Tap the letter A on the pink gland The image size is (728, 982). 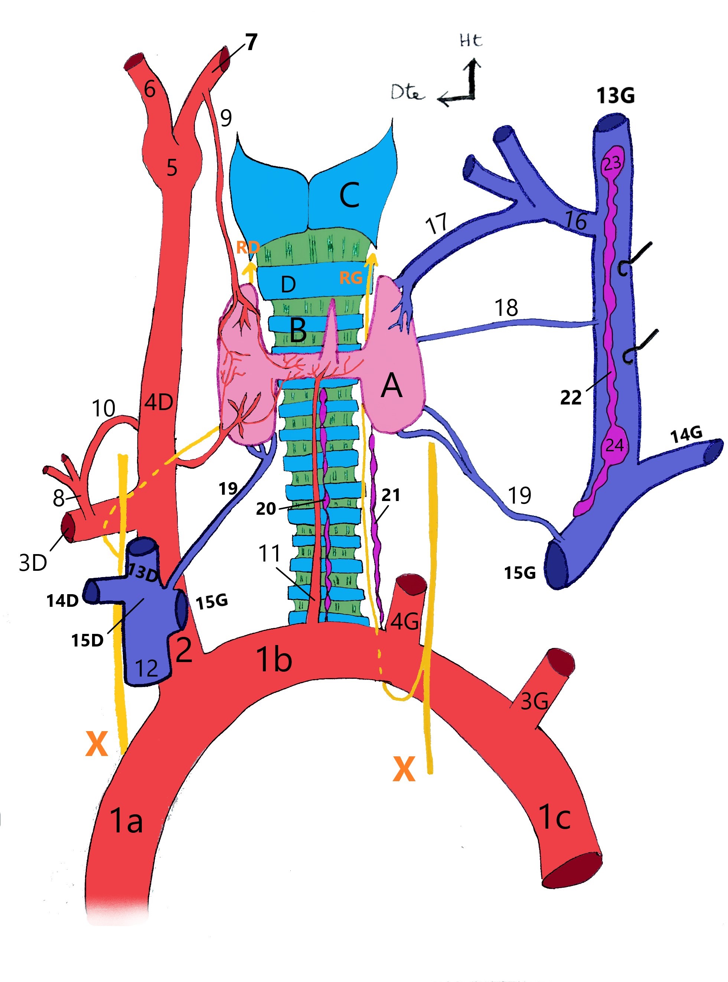pyautogui.click(x=391, y=386)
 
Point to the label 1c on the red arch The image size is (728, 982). pyautogui.click(x=554, y=816)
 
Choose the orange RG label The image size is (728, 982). pyautogui.click(x=351, y=278)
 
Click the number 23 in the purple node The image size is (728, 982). pyautogui.click(x=612, y=163)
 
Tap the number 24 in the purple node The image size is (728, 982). pyautogui.click(x=614, y=445)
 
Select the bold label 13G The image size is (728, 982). pyautogui.click(x=616, y=96)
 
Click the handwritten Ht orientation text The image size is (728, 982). pyautogui.click(x=471, y=40)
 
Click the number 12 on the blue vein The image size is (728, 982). pyautogui.click(x=146, y=669)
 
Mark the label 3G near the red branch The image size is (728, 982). pyautogui.click(x=534, y=701)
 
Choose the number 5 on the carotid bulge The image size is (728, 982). pyautogui.click(x=172, y=168)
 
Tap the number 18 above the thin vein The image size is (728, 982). pyautogui.click(x=506, y=308)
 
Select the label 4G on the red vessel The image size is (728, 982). pyautogui.click(x=404, y=622)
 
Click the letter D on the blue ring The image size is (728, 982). pyautogui.click(x=288, y=285)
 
